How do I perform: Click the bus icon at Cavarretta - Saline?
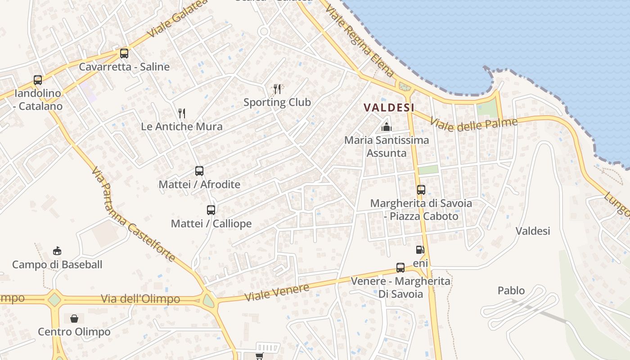(x=124, y=54)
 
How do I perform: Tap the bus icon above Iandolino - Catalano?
(x=38, y=80)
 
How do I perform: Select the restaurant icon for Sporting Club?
(x=277, y=89)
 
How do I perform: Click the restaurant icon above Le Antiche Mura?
(x=182, y=113)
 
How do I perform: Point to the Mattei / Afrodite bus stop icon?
(x=199, y=171)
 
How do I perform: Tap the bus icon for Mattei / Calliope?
(x=211, y=210)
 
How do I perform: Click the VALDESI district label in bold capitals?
(x=389, y=108)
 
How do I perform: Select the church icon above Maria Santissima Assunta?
(x=387, y=127)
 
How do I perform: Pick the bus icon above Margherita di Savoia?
(x=421, y=190)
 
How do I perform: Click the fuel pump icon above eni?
(x=420, y=250)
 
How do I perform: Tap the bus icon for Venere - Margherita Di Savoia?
(x=400, y=268)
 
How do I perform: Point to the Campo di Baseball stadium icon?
(x=57, y=251)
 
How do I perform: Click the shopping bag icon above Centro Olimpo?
(x=74, y=319)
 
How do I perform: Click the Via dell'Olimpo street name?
(x=140, y=299)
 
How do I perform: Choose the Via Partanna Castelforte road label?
(x=133, y=215)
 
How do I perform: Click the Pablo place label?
(x=511, y=291)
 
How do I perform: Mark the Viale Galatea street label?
(x=178, y=18)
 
